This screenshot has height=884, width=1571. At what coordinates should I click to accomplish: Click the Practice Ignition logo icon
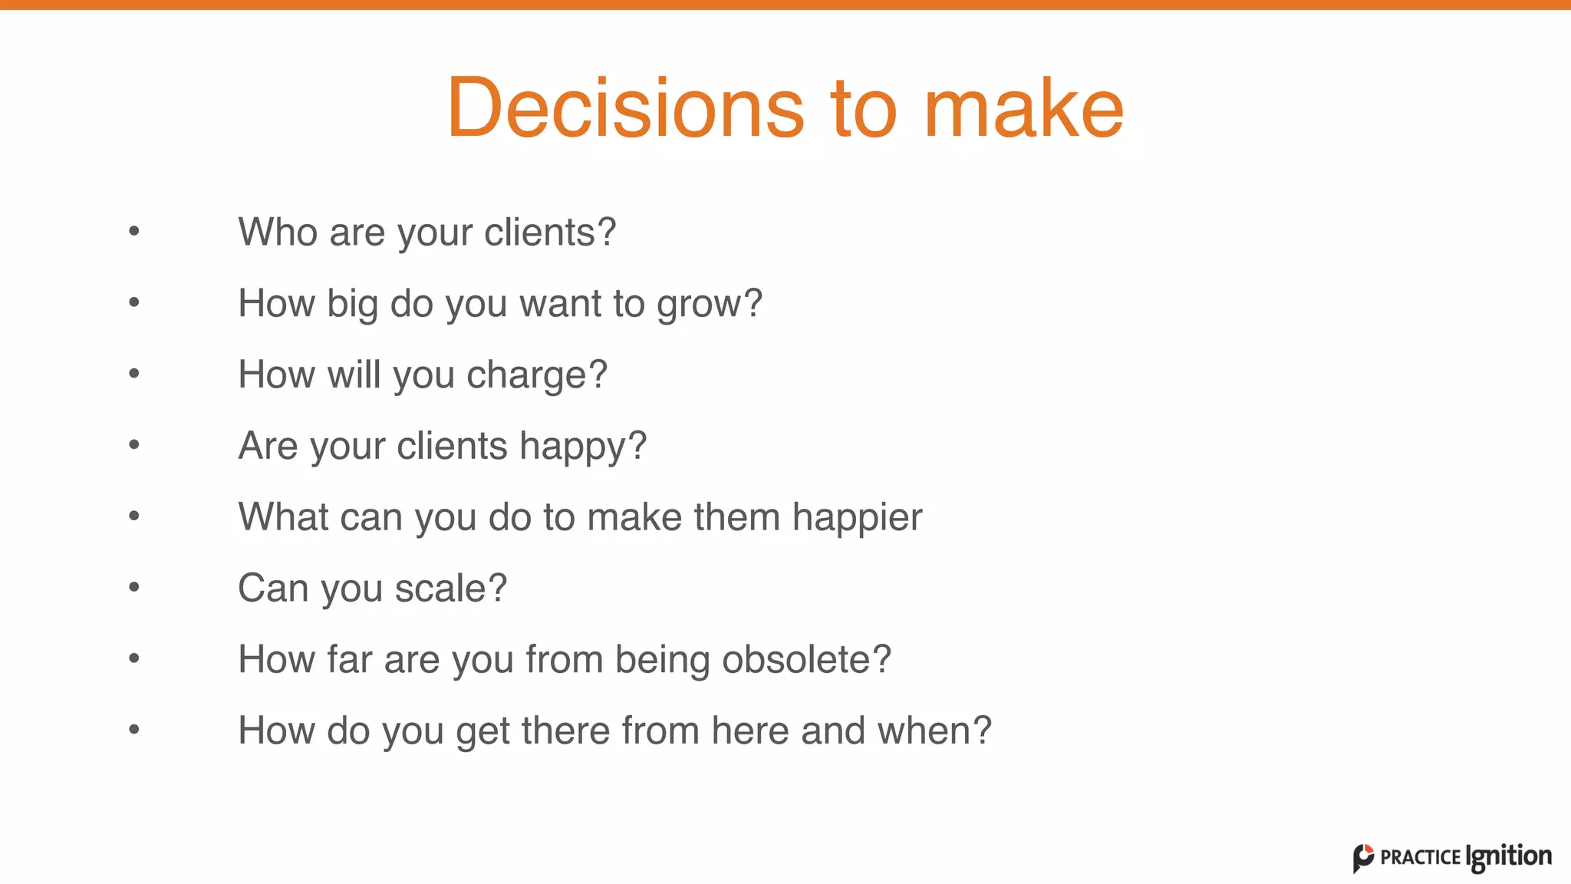pyautogui.click(x=1363, y=858)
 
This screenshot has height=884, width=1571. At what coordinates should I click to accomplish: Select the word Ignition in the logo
pyautogui.click(x=1508, y=856)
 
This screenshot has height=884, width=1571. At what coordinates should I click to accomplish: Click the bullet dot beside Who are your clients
pyautogui.click(x=134, y=231)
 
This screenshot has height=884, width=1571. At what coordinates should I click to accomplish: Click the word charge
pyautogui.click(x=536, y=376)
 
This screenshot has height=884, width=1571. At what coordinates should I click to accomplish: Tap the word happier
pyautogui.click(x=857, y=518)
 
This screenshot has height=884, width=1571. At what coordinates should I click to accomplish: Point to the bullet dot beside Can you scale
pyautogui.click(x=134, y=588)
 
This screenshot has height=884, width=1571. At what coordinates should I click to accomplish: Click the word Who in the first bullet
pyautogui.click(x=278, y=232)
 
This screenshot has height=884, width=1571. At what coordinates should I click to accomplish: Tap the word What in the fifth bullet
pyautogui.click(x=283, y=516)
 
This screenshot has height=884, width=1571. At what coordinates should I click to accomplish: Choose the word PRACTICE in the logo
pyautogui.click(x=1420, y=858)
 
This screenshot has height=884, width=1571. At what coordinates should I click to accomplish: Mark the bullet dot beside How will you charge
pyautogui.click(x=134, y=374)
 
